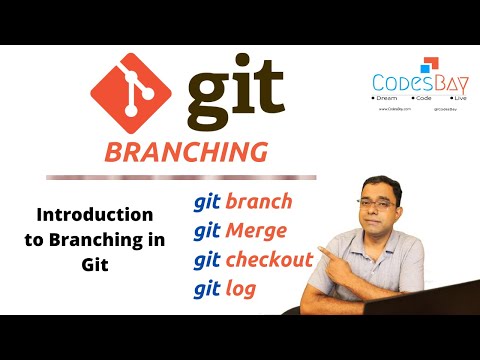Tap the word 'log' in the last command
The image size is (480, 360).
[x=241, y=290]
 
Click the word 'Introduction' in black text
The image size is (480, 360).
[x=95, y=214]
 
